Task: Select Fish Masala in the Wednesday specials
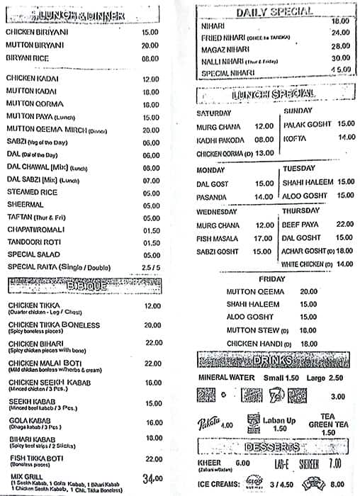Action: pos(220,238)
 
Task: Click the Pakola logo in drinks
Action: pos(208,424)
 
